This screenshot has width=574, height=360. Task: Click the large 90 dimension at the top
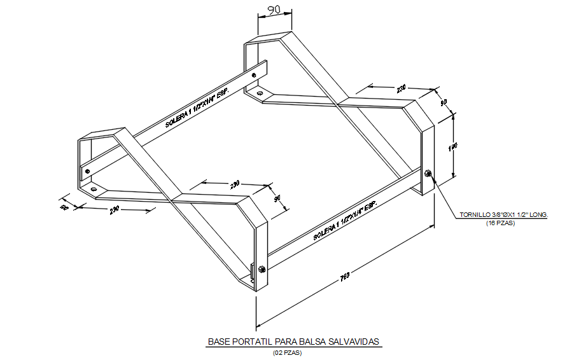pos(274,10)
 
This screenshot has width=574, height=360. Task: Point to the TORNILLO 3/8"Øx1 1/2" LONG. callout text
pos(503,215)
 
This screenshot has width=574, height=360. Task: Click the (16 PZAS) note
pos(501,223)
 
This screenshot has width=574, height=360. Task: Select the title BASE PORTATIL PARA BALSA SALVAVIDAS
pos(293,342)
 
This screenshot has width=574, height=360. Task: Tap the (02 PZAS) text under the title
pos(288,352)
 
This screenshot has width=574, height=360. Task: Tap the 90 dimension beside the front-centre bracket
pos(277,198)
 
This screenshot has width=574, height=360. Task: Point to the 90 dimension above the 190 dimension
pos(444,102)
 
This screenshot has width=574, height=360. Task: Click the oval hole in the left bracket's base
pos(94,189)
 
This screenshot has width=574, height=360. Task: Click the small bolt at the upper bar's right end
pos(255,76)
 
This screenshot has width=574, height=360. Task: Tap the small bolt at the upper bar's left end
pos(87,170)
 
